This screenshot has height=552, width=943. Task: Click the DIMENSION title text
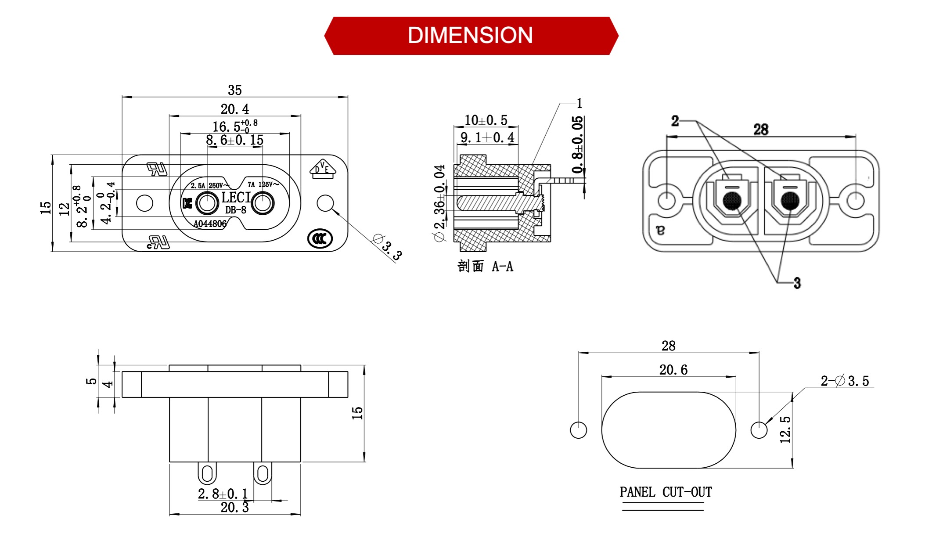(470, 36)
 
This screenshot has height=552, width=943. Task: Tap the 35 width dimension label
(235, 90)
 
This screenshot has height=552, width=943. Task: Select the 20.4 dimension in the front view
(234, 109)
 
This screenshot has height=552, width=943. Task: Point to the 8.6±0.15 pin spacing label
(234, 140)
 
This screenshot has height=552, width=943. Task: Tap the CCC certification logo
(320, 239)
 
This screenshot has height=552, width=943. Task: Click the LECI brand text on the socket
(236, 198)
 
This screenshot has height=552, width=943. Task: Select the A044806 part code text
(210, 224)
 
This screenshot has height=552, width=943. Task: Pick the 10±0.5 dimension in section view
(486, 120)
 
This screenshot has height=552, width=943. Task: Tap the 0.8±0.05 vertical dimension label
(578, 144)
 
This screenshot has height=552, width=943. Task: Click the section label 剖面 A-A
(485, 266)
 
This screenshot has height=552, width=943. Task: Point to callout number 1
(579, 103)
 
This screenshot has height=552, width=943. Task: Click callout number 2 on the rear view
(675, 121)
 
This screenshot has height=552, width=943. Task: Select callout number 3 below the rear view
(797, 283)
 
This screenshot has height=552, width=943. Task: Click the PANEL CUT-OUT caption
(666, 492)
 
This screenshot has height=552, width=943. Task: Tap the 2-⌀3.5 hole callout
(845, 381)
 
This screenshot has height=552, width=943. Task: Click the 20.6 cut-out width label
(673, 370)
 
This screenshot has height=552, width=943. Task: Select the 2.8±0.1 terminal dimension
(223, 494)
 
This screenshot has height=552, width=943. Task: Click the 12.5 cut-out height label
(785, 429)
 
